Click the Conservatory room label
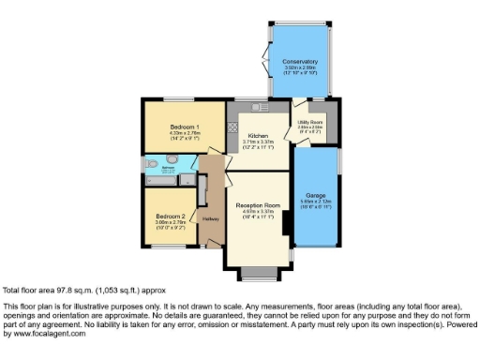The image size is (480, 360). point(300,62)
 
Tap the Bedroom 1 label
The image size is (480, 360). point(184,127)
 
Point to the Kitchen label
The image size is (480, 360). point(259,135)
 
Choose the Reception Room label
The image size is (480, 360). point(259,205)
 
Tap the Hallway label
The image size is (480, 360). point(211,219)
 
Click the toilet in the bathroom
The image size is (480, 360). point(154,161)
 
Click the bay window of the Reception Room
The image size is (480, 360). point(254,274)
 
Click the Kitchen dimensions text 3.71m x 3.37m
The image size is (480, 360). point(259,142)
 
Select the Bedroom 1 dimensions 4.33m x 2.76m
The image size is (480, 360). point(184,133)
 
